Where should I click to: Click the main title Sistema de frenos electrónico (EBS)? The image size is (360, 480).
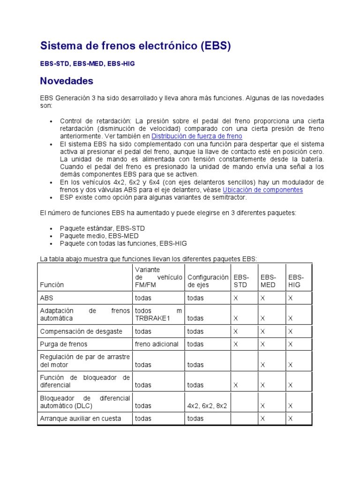point(135,46)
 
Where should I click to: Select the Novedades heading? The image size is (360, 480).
point(67,81)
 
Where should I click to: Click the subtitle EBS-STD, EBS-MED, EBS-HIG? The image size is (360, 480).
point(88,63)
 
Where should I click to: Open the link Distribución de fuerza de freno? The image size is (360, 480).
point(197,136)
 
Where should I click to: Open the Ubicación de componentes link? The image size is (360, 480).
point(262,190)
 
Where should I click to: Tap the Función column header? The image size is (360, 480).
point(52,285)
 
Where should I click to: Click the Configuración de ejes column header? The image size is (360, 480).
point(208,281)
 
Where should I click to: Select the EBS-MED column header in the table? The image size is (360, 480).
point(268,281)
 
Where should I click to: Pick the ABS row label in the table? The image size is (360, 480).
point(46,298)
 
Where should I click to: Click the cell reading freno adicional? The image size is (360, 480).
point(157,344)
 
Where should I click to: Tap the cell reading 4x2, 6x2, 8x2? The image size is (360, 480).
point(207,405)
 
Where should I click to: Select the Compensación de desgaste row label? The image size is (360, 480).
point(81,331)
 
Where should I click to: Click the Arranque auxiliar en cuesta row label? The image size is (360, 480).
point(81,419)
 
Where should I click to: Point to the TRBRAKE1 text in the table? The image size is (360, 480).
point(153,318)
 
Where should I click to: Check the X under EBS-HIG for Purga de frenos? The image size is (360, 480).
point(291,344)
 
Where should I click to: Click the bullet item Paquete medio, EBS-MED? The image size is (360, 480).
point(99,236)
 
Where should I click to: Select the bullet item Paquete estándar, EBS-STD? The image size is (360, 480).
point(102,228)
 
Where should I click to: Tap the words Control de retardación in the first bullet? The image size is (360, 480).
point(95,121)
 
